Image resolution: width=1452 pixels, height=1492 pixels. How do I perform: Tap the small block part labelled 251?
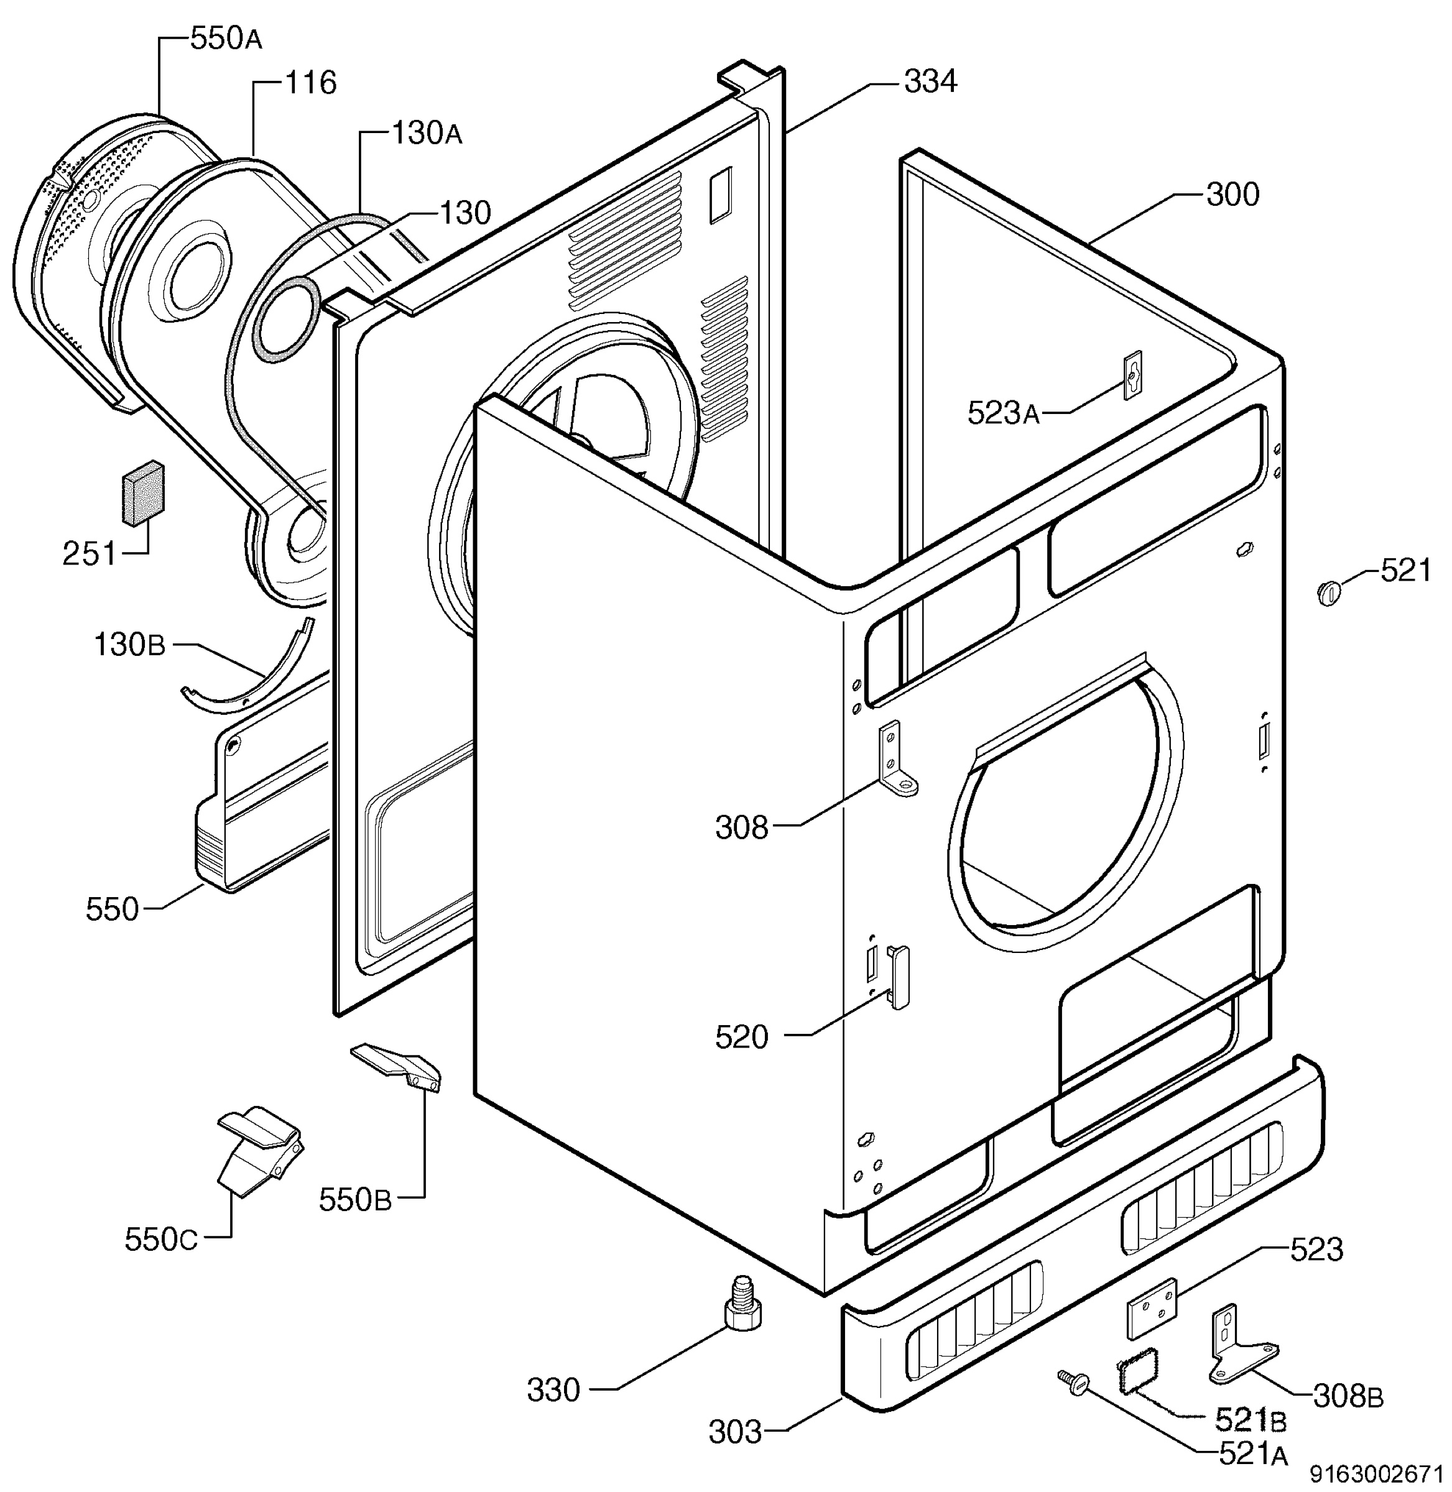point(142,492)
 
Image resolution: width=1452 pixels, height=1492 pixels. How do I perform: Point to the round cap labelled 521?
point(1328,590)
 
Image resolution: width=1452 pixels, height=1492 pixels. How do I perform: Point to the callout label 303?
point(735,1432)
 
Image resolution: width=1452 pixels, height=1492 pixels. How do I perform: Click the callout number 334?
point(930,81)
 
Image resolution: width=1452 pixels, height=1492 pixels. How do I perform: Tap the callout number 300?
point(1232,195)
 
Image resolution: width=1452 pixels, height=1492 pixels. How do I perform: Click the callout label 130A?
point(427,134)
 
